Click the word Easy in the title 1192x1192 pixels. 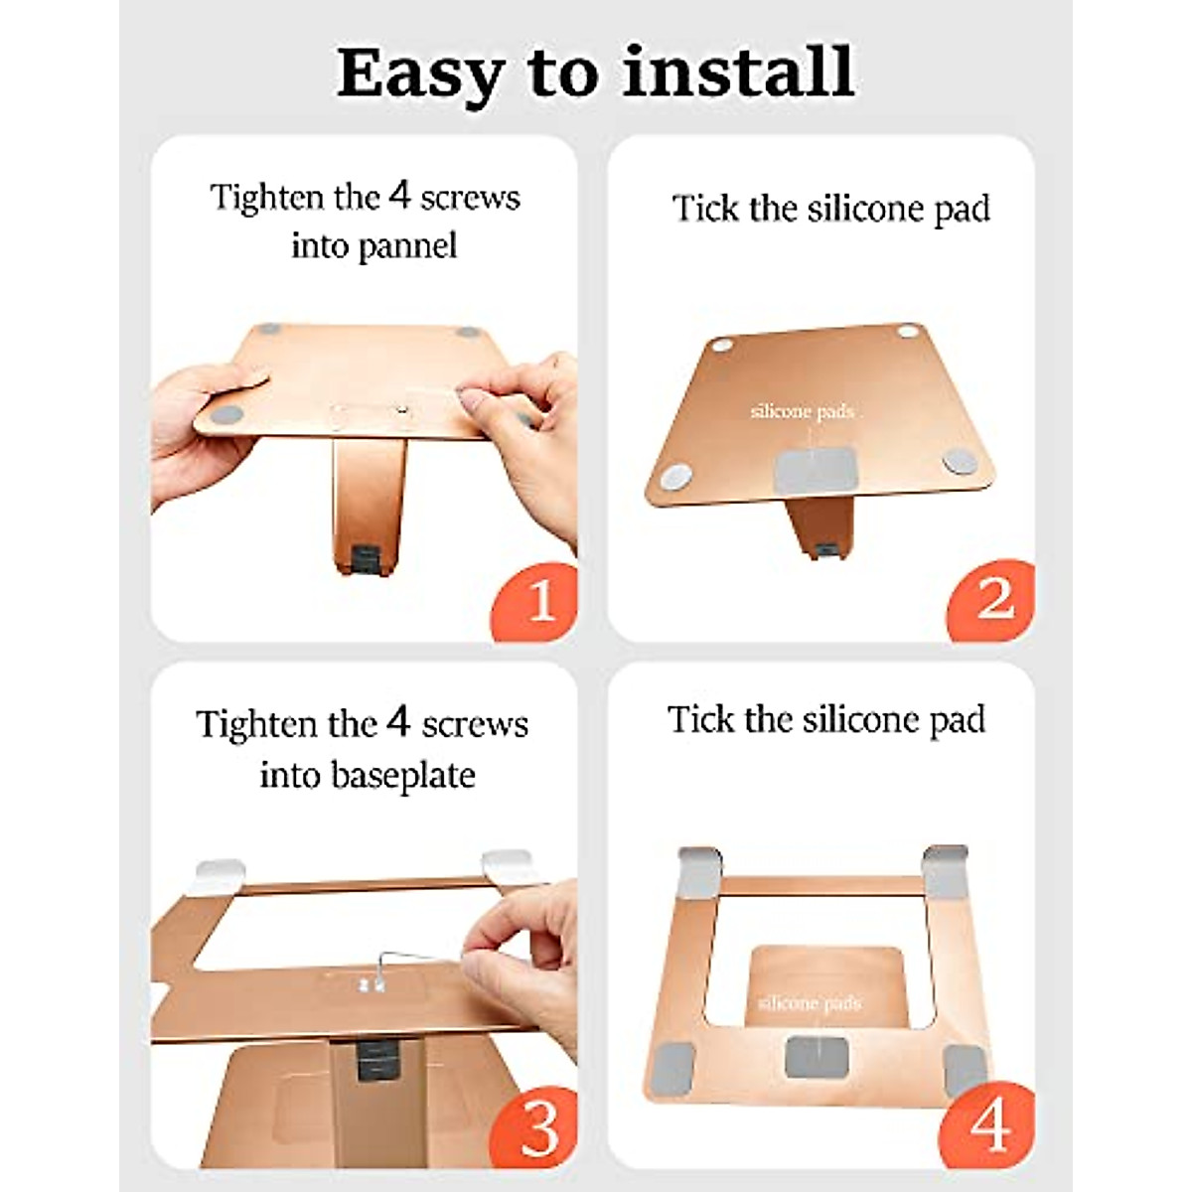(418, 74)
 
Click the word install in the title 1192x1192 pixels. (739, 72)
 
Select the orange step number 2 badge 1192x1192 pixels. (991, 599)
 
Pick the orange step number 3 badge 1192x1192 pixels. (535, 1127)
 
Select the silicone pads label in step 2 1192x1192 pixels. (803, 411)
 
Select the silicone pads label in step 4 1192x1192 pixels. (810, 1002)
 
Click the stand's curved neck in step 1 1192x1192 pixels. (370, 506)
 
